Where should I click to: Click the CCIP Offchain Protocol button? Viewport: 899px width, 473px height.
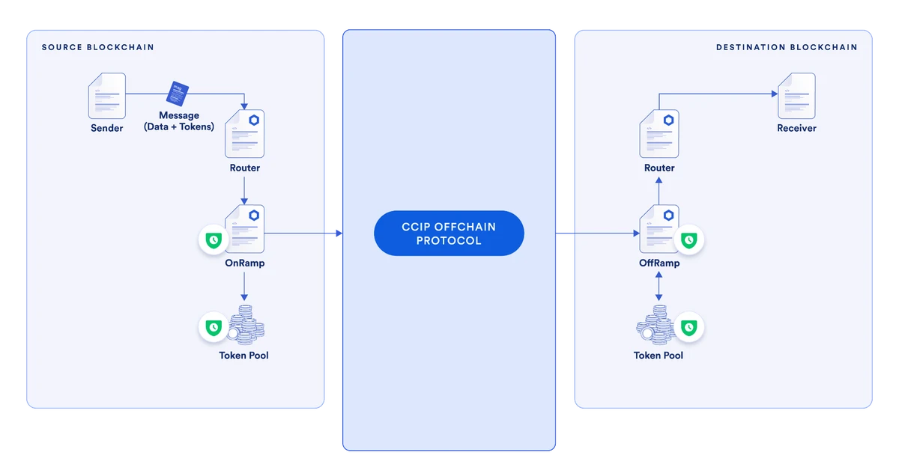[449, 234]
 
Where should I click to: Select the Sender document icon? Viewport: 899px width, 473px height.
[106, 95]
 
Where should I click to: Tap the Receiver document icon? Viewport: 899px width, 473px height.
[796, 95]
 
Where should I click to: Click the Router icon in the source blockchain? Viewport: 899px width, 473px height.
[245, 133]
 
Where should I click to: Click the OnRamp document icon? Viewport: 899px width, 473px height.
[245, 229]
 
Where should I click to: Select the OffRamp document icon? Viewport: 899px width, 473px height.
[659, 229]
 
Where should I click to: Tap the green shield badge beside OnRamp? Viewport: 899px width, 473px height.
[214, 240]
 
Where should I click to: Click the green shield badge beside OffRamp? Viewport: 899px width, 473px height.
[688, 240]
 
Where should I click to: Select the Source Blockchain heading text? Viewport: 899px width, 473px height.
[97, 47]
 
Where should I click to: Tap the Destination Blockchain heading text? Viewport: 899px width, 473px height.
[787, 47]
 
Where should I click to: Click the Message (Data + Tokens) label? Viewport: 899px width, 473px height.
[179, 121]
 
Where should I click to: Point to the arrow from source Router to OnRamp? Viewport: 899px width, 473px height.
[244, 192]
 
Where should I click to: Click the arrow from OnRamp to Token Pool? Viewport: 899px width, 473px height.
[244, 287]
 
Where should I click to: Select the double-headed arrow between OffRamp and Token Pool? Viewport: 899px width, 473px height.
[659, 287]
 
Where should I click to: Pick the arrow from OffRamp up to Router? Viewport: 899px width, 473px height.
[659, 192]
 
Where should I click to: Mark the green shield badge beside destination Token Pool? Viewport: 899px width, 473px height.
[688, 328]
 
